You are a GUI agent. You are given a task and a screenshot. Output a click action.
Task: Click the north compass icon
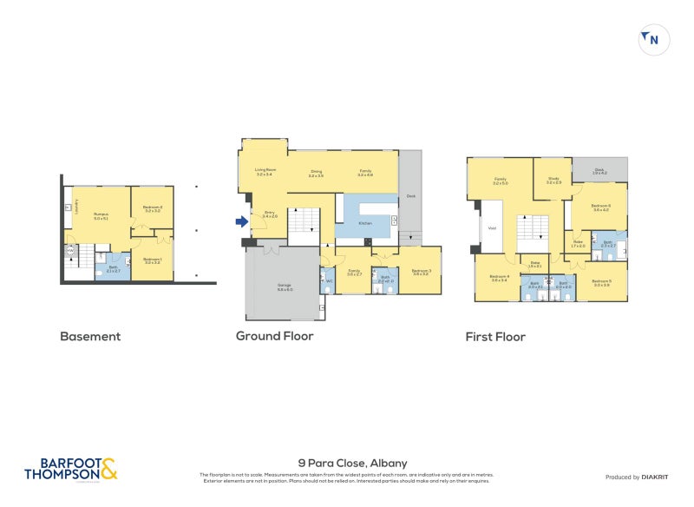point(654,40)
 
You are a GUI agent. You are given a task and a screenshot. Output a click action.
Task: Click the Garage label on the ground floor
point(284,286)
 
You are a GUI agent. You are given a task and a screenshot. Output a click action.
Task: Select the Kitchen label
point(367,224)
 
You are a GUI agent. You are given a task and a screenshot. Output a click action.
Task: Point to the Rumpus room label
point(101,217)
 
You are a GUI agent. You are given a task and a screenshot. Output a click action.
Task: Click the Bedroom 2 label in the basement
point(154,208)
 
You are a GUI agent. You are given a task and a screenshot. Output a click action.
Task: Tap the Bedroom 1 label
point(152,260)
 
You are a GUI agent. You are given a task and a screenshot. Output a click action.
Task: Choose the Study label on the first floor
point(553,181)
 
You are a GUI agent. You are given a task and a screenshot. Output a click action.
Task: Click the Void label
point(492,228)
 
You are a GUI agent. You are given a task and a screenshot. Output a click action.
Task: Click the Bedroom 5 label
point(602,282)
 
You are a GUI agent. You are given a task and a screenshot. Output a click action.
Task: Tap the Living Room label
point(265,172)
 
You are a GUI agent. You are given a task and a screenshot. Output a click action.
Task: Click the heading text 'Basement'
point(90,336)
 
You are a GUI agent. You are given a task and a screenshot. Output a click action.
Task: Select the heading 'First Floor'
point(496,336)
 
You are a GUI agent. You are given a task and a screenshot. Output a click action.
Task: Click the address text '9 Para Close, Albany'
point(351,464)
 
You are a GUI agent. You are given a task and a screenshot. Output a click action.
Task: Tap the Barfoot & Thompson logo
point(69,470)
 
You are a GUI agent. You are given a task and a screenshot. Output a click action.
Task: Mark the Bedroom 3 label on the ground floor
point(421,272)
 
